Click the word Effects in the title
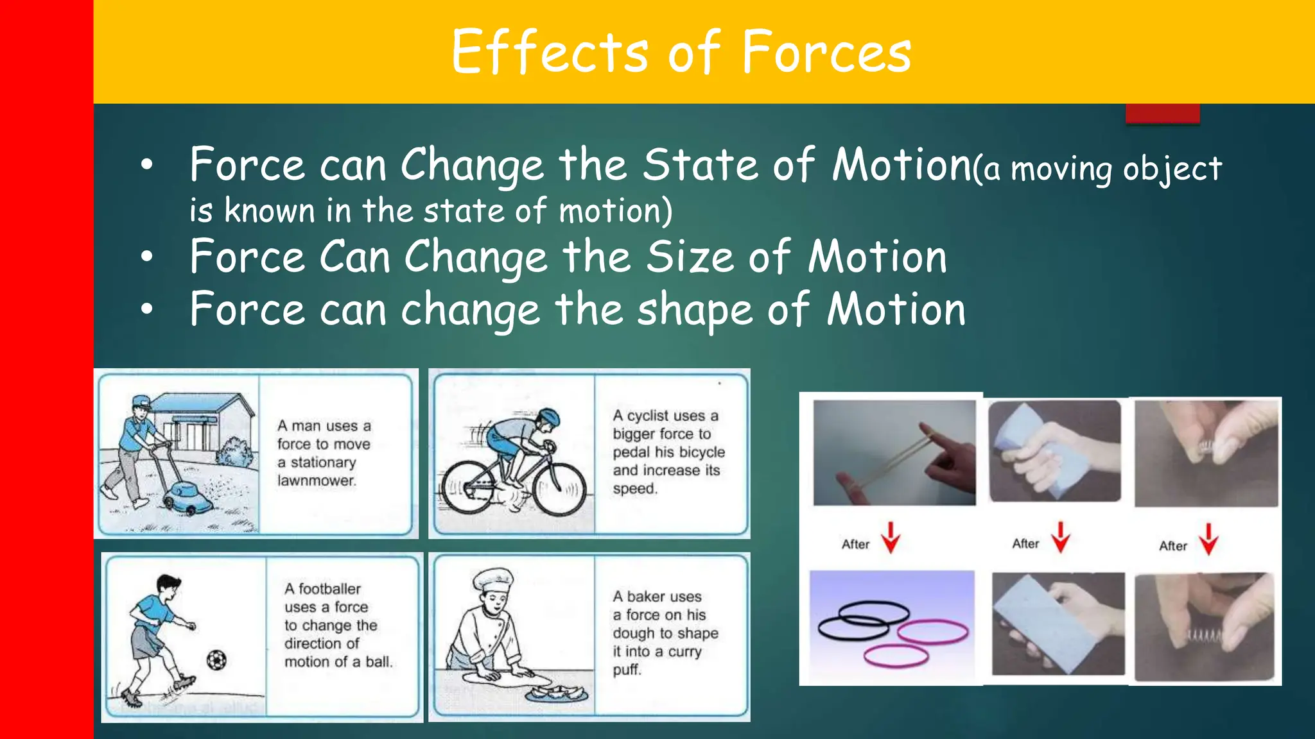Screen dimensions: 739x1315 click(x=550, y=52)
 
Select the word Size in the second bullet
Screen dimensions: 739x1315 click(x=690, y=257)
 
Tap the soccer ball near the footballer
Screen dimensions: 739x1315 click(x=216, y=659)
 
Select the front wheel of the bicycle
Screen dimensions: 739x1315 click(x=559, y=489)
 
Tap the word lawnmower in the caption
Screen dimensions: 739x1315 click(x=316, y=480)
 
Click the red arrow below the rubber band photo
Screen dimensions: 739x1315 click(x=890, y=537)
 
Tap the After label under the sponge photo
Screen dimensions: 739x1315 click(x=1025, y=544)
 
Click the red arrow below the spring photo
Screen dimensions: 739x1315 click(x=1208, y=539)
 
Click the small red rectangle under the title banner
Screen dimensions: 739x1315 click(x=1162, y=114)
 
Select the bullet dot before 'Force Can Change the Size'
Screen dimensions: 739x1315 click(x=147, y=257)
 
